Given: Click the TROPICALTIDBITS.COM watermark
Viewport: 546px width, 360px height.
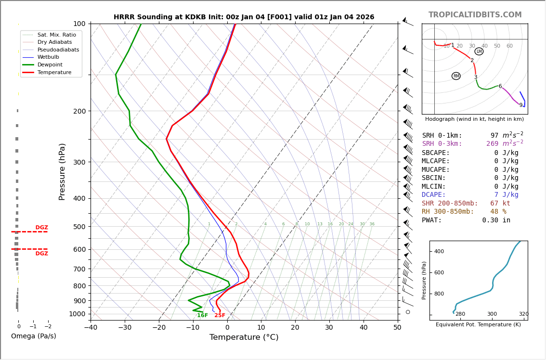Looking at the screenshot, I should click(x=475, y=15).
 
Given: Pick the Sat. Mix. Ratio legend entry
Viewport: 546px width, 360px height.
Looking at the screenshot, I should click(x=56, y=35).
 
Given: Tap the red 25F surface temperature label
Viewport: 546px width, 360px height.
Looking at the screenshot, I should click(x=220, y=316).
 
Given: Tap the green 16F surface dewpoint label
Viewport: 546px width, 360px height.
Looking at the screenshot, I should click(x=202, y=316).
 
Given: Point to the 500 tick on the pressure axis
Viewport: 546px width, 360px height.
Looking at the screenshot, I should click(x=79, y=227).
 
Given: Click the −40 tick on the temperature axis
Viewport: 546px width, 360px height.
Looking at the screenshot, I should click(x=91, y=328).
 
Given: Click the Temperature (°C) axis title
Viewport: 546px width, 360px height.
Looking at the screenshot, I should click(x=244, y=338).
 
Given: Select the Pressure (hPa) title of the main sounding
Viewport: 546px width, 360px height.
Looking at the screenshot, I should click(x=63, y=171).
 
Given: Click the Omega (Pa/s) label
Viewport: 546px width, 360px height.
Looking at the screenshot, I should click(x=33, y=336).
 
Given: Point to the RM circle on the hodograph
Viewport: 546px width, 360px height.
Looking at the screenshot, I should click(x=456, y=76).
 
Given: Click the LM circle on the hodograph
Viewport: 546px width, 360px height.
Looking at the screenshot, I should click(x=479, y=51).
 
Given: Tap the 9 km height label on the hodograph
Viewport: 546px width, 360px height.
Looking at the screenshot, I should click(x=520, y=105).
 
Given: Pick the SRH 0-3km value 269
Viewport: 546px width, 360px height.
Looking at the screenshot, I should click(x=492, y=144).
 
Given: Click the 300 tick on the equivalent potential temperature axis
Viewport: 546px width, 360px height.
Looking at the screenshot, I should click(x=492, y=314).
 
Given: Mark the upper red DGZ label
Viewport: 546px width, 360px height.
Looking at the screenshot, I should click(x=41, y=228).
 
